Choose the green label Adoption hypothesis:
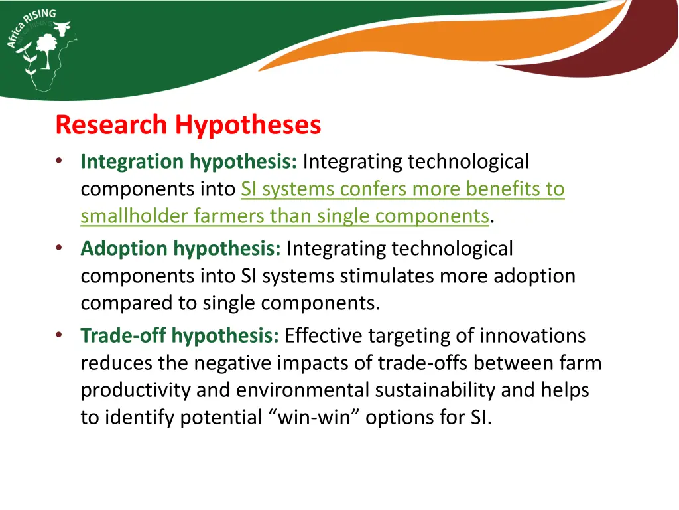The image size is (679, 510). point(181,248)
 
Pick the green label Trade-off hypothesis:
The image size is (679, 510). point(180,336)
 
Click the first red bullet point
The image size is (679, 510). point(60,161)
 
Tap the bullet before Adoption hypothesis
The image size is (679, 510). point(60,248)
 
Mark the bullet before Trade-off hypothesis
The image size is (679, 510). point(60,336)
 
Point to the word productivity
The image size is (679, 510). point(135,390)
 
